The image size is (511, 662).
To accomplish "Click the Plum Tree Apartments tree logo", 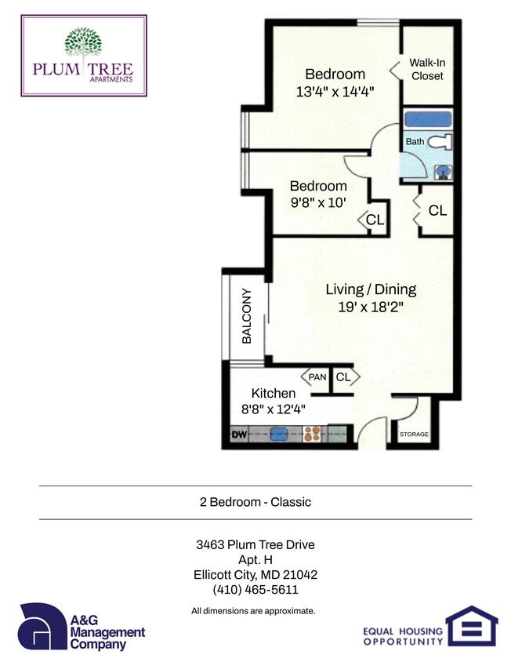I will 83,43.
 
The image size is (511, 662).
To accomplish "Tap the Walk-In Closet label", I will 426,70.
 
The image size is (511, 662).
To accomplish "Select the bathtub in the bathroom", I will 427,120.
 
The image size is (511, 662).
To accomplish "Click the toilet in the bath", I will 443,142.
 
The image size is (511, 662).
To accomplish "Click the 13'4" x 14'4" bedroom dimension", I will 335,91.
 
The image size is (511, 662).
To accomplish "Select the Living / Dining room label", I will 371,289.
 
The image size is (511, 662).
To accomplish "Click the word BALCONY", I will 246,317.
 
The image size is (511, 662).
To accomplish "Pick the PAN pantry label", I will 317,377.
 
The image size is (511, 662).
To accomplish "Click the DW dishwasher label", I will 238,433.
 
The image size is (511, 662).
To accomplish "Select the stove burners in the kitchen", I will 312,433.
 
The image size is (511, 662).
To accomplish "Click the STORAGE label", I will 414,434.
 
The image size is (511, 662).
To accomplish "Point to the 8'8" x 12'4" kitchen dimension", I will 273,409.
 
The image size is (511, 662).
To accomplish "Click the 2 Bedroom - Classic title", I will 255,502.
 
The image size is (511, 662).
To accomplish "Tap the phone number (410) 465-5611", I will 255,590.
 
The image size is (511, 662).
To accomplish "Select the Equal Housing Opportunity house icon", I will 472,624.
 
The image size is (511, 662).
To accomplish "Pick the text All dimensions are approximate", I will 253,610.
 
